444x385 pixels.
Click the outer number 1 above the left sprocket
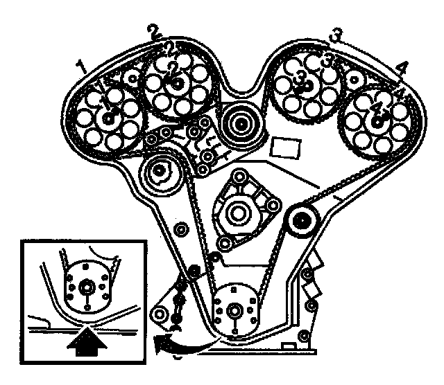point(83,67)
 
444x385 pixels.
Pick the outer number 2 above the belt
point(154,32)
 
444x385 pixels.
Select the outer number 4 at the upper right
point(400,68)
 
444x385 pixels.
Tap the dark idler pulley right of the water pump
point(302,222)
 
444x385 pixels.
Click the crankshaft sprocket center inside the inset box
point(86,286)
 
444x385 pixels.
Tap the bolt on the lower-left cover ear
point(161,316)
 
